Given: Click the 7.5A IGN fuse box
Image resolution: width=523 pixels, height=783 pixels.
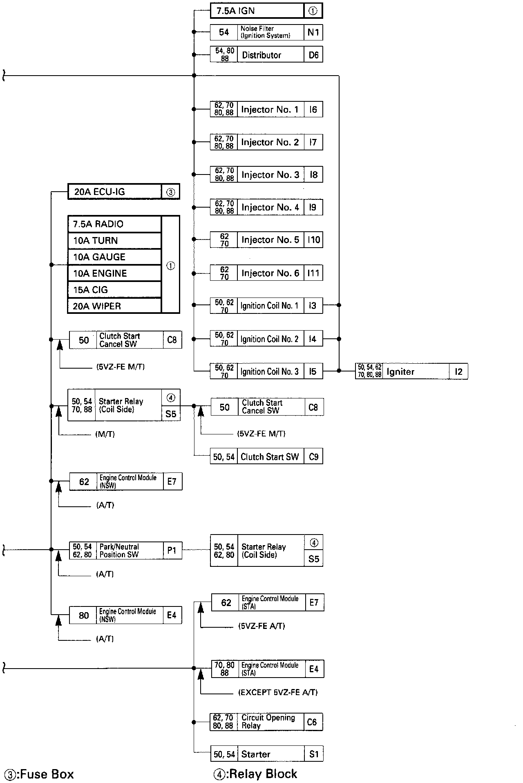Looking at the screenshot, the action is click(266, 11).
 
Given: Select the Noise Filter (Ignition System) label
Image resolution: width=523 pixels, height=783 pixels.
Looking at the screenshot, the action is click(265, 32).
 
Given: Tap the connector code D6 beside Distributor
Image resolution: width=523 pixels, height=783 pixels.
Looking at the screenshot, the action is click(313, 55).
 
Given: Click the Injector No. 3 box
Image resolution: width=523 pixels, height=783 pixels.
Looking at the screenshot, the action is click(266, 174).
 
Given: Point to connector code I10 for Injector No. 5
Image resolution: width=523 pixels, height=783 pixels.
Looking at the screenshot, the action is click(313, 240).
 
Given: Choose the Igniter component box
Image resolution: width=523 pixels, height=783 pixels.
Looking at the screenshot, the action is click(411, 371).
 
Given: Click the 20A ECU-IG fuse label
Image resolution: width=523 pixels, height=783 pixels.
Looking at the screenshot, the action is click(100, 192).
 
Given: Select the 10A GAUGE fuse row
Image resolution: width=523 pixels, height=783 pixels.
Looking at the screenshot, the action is click(114, 257).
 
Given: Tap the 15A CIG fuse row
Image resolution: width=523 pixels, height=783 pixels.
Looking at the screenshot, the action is click(114, 290).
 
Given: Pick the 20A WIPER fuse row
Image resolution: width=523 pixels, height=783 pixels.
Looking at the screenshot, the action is click(114, 306).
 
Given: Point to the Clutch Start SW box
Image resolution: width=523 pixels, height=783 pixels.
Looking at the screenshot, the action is click(267, 456).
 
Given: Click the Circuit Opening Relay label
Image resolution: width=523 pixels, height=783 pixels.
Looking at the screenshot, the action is click(268, 721).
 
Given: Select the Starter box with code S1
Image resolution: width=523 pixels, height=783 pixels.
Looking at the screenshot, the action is click(267, 754).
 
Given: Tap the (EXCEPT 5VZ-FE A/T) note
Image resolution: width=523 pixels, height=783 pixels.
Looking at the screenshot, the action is click(278, 692).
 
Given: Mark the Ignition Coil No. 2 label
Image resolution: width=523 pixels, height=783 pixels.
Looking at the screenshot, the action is click(270, 339).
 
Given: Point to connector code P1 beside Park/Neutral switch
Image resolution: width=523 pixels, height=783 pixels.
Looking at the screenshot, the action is click(172, 550).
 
